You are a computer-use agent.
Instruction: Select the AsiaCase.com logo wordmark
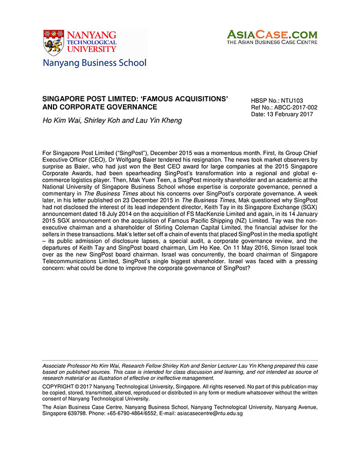coord(272,34)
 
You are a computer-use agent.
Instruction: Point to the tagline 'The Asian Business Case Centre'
coord(272,42)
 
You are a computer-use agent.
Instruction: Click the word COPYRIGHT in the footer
coord(59,386)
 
